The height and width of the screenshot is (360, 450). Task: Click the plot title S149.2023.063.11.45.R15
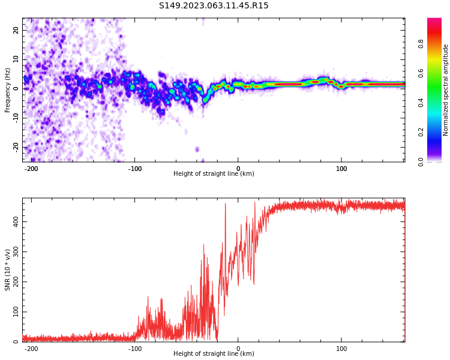(214, 6)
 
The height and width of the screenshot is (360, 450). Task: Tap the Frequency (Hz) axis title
(8, 90)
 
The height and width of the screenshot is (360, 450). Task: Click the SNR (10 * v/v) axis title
(8, 270)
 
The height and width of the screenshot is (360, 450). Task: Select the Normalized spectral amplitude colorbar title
(446, 90)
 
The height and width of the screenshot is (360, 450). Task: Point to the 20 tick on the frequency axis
(16, 29)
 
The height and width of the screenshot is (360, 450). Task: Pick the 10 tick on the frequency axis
(16, 59)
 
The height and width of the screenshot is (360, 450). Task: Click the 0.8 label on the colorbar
(421, 44)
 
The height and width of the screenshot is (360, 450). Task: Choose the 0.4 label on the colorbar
(421, 103)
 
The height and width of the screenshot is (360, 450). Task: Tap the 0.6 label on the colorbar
(421, 73)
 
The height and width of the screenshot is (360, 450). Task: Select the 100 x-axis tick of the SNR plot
(341, 349)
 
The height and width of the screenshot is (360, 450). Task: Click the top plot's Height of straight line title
(214, 174)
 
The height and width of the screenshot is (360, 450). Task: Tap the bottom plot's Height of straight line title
(214, 354)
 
